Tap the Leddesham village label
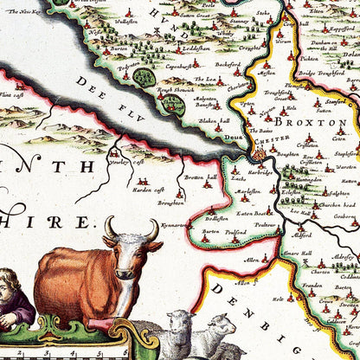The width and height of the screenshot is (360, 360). [199, 49]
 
